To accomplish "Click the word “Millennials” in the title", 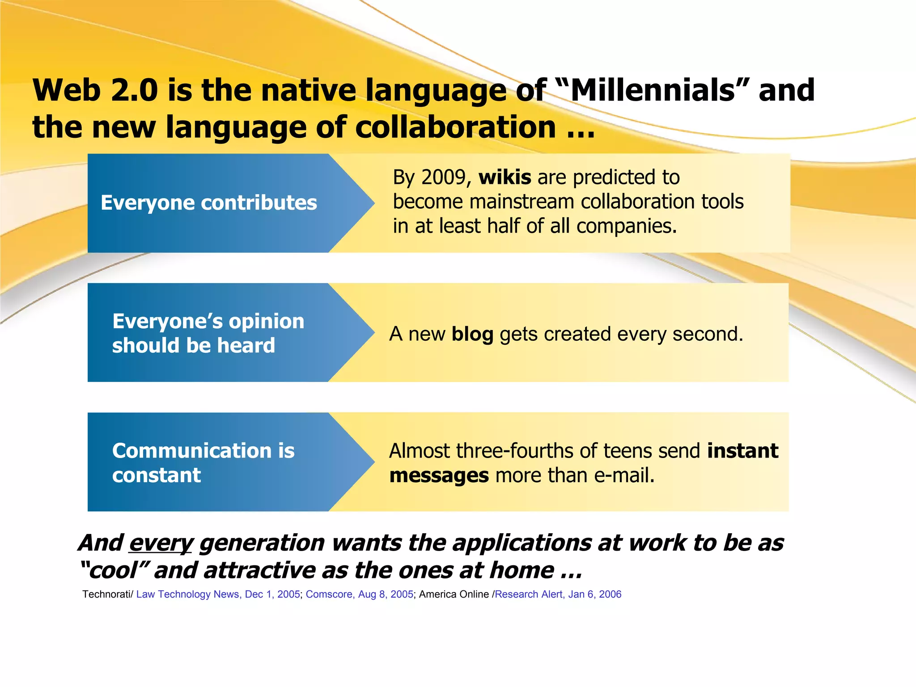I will coord(653,91).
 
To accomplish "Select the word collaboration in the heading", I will coord(456,127).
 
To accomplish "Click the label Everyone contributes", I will coord(209,203).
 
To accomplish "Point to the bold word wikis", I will coord(505,178).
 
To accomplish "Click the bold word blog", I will coord(472,335).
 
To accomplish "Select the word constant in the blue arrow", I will coord(157,475).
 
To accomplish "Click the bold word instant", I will coord(742,451).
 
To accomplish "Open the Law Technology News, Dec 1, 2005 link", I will coord(218,594).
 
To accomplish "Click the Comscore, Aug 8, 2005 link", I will coord(359,594).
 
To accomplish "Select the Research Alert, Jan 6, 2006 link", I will coord(558,594).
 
